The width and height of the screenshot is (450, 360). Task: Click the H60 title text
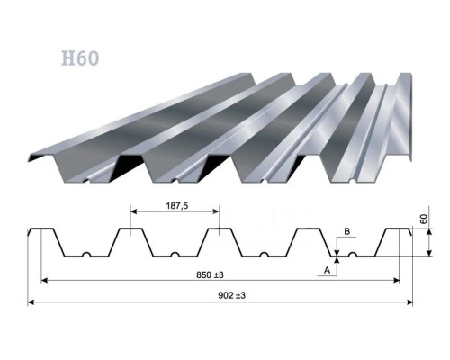click(80, 58)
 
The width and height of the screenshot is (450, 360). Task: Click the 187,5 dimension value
click(177, 206)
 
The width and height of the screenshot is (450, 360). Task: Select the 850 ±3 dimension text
click(210, 274)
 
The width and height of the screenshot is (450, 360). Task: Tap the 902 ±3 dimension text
click(231, 295)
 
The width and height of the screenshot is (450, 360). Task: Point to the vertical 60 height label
click(424, 220)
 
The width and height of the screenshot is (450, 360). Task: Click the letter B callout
click(346, 231)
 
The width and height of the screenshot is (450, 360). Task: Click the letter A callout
click(327, 270)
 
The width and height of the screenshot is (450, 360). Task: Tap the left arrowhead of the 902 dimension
click(31, 302)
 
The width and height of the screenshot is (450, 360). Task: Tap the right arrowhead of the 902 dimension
click(410, 302)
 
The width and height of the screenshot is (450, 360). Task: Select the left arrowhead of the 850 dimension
click(44, 281)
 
